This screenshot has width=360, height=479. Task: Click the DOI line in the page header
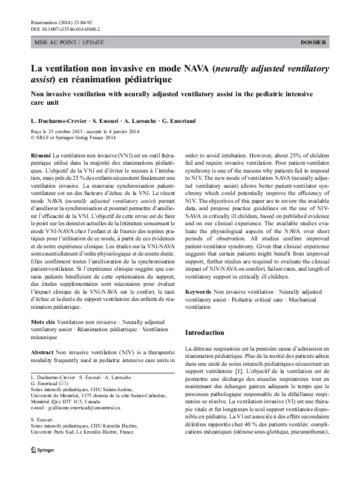[65, 28]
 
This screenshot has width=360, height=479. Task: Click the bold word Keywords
[198, 292]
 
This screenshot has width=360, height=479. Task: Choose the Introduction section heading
[204, 332]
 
